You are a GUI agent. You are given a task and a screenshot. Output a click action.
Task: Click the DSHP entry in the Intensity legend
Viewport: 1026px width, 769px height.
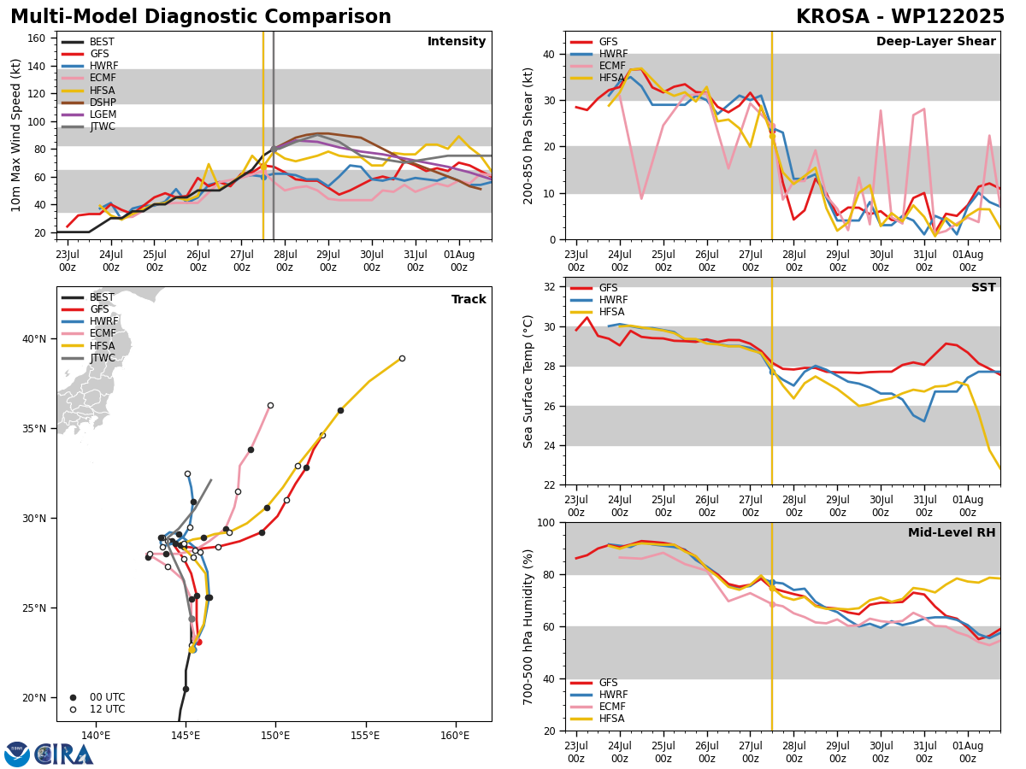[x=88, y=103]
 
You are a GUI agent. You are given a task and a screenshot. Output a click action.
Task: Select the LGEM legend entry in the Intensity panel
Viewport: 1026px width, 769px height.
[x=88, y=114]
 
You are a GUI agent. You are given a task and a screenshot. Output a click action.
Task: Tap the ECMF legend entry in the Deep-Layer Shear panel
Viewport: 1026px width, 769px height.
[x=598, y=66]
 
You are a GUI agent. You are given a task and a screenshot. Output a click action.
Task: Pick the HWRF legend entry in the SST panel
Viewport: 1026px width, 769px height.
[x=598, y=300]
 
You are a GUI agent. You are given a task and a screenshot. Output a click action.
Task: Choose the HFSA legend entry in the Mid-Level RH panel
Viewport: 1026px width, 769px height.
[x=598, y=719]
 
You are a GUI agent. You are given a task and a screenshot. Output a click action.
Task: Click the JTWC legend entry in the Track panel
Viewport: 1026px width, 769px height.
[x=88, y=358]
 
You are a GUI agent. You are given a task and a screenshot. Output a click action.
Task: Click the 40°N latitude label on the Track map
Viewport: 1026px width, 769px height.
[x=34, y=339]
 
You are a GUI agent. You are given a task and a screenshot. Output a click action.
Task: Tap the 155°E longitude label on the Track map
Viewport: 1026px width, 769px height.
[x=365, y=736]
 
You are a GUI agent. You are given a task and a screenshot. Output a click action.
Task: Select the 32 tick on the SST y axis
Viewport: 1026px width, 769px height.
[x=550, y=287]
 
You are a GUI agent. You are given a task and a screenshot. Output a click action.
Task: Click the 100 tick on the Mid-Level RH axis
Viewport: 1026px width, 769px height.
[x=546, y=523]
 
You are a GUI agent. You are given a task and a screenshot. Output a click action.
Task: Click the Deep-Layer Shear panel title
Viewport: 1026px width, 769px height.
[x=935, y=41]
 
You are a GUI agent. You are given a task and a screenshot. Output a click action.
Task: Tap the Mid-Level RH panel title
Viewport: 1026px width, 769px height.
[x=952, y=532]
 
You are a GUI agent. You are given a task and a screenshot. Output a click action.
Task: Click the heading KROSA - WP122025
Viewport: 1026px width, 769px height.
[x=900, y=17]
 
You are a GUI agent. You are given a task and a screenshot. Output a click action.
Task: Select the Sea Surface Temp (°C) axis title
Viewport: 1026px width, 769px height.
[x=528, y=381]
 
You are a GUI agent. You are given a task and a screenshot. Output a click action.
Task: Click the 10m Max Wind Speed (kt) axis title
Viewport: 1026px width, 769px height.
[x=15, y=135]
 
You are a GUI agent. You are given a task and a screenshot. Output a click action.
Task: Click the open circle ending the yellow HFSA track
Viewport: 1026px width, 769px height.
[x=402, y=359]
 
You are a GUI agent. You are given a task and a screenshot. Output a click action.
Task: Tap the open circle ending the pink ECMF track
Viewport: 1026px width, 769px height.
[x=270, y=406]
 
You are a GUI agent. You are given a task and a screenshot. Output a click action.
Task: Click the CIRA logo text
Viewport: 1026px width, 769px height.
[x=63, y=754]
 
